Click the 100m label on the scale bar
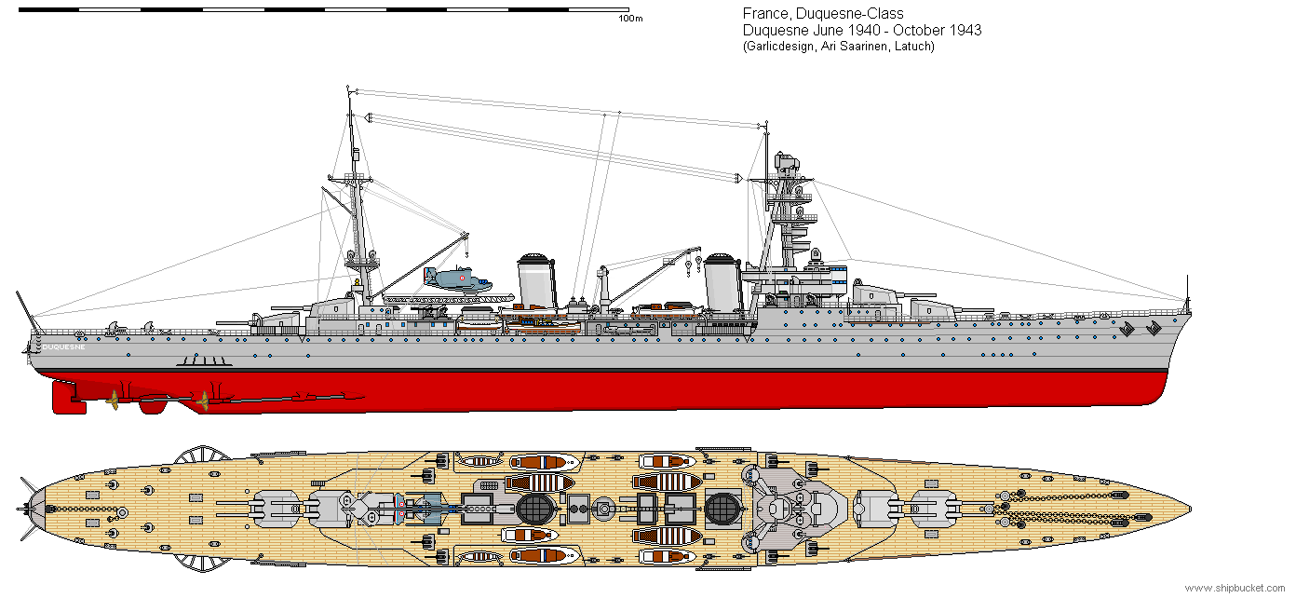pos(630,19)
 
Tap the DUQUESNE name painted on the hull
pos(63,347)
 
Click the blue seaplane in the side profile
pos(454,278)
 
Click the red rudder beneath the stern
pos(69,398)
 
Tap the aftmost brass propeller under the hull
pos(114,400)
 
